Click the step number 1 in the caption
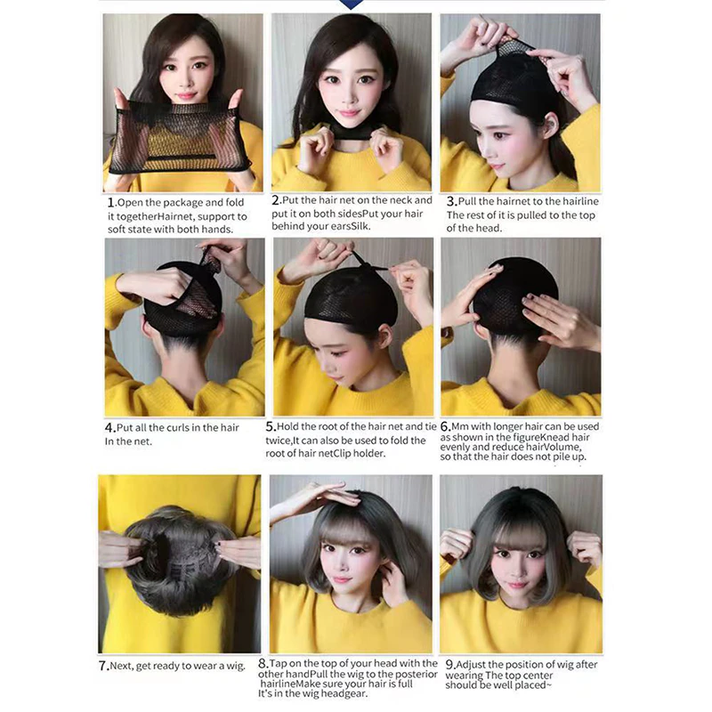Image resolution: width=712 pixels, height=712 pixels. pos(108,201)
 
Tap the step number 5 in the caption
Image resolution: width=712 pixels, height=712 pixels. pos(277,426)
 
